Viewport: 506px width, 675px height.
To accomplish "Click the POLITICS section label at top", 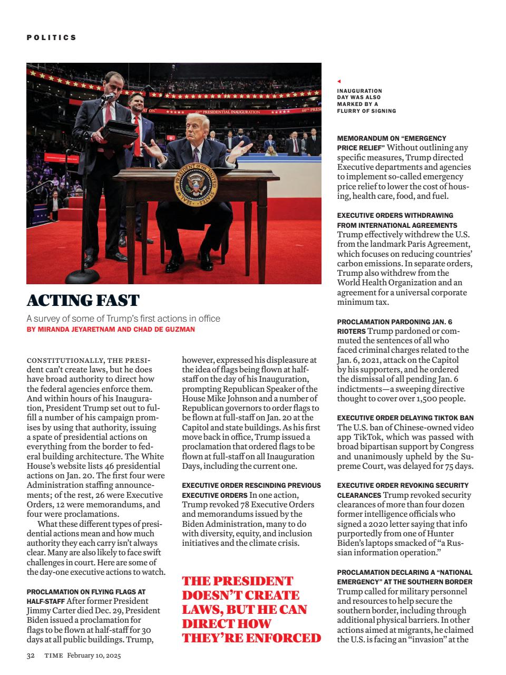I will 52,37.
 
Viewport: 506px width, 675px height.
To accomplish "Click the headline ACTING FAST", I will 83,301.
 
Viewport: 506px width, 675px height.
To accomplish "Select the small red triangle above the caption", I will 339,82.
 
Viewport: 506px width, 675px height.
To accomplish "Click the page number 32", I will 31,655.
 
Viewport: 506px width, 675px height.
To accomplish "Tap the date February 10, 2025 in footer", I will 94,655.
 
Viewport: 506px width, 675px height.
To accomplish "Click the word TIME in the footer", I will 53,655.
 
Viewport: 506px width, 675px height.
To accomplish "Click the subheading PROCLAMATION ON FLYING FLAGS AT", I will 86,592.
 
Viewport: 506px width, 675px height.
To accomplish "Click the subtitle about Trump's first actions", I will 123,319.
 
